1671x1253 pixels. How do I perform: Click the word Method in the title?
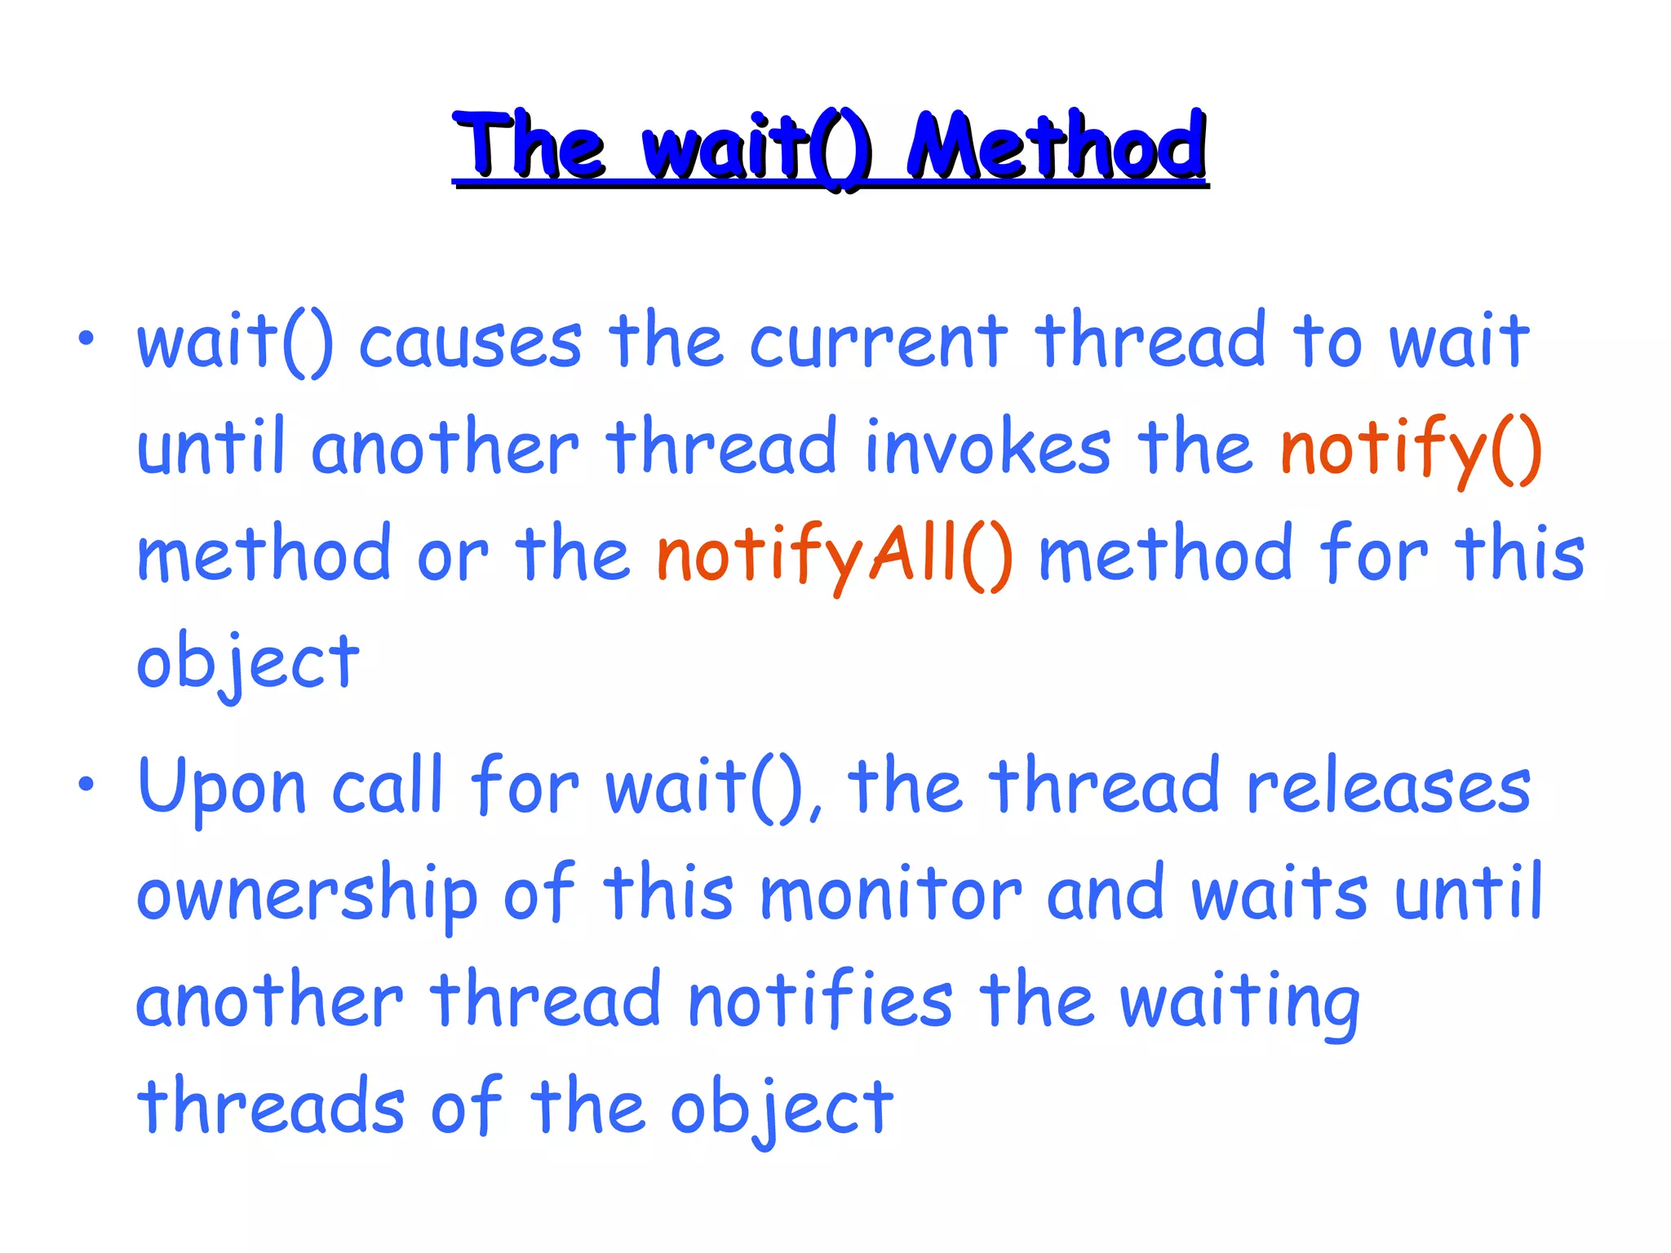tap(1057, 147)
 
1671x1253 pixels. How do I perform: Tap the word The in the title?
tap(529, 147)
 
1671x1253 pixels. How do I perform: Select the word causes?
tap(471, 343)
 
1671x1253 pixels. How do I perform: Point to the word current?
tap(879, 343)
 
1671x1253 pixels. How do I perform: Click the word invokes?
tap(987, 449)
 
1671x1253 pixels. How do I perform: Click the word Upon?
tap(222, 788)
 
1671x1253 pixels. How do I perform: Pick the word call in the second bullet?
tap(388, 786)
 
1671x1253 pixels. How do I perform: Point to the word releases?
tap(1389, 788)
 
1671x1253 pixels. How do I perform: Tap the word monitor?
tap(890, 894)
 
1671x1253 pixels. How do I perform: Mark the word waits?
tap(1279, 894)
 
